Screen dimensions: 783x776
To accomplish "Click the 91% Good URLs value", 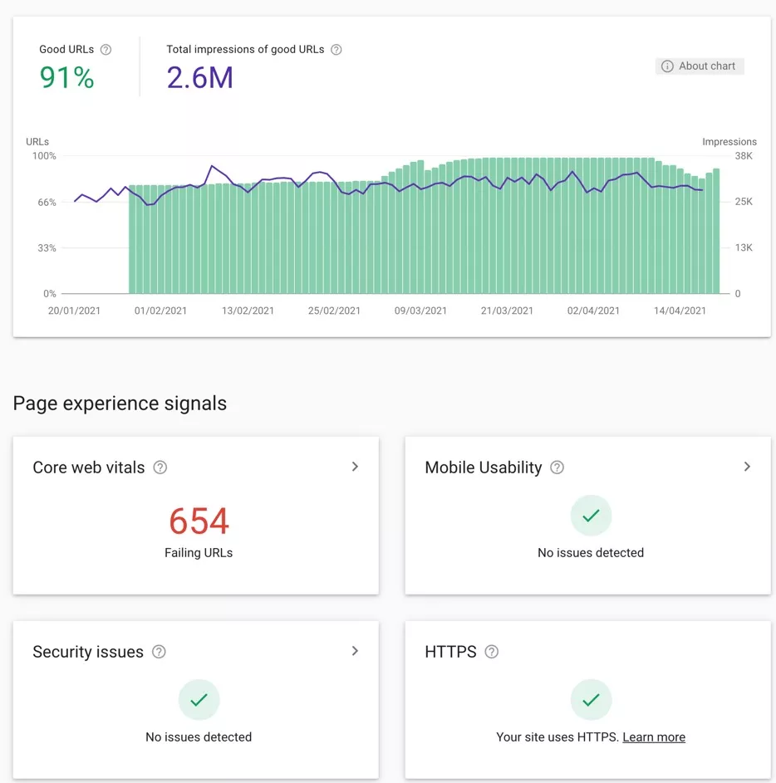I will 66,78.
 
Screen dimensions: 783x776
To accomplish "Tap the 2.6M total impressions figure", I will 199,78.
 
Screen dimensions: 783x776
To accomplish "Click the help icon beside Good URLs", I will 106,50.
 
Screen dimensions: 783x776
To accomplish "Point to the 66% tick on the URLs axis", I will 44,202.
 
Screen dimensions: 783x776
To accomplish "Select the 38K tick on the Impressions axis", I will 744,156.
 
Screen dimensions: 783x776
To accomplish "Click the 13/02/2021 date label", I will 248,311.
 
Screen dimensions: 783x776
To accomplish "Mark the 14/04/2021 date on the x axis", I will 680,311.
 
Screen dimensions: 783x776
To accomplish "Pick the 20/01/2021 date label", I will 74,311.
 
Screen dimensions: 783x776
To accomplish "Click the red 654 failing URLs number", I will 199,521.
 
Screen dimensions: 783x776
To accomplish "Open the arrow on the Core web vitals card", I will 355,467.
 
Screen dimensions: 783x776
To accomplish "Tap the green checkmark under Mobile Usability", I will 591,516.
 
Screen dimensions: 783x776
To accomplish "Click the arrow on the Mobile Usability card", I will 747,467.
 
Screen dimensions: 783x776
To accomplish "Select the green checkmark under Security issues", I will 199,700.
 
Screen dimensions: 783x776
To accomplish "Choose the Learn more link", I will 654,737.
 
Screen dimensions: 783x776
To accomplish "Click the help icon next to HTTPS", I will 492,652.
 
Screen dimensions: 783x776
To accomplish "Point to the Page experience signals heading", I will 120,404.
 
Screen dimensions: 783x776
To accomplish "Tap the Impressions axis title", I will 729,142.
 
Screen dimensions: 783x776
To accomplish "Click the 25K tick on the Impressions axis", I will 744,202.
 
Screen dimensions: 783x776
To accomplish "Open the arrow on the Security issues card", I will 355,651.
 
